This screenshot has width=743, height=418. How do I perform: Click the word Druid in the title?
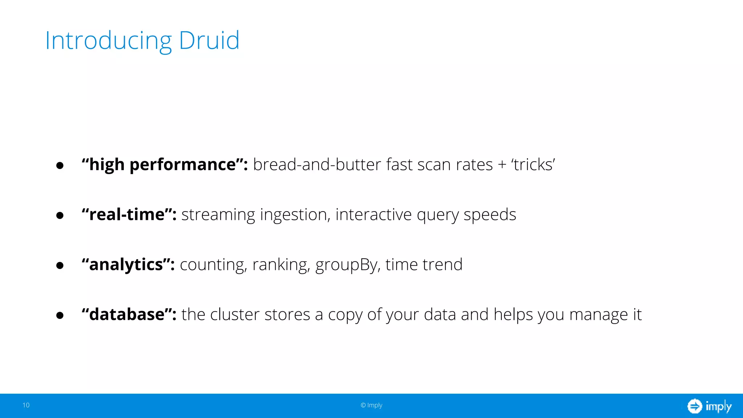[x=209, y=40]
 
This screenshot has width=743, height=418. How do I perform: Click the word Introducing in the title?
[x=108, y=41]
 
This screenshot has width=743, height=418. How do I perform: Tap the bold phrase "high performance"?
[x=165, y=165]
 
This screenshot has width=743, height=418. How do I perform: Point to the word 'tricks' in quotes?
[x=533, y=165]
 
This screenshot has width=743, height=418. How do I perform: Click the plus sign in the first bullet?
[x=502, y=165]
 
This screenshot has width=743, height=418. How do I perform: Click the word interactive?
[x=374, y=214]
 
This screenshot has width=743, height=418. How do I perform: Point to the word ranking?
[x=281, y=265]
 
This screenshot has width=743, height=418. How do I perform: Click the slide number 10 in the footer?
[x=26, y=405]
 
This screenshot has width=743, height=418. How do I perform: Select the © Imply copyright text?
[x=371, y=405]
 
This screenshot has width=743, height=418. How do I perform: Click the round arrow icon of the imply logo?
[x=694, y=406]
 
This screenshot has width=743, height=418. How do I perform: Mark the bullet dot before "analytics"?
[x=60, y=266]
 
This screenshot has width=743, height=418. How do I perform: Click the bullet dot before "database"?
[x=60, y=315]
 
